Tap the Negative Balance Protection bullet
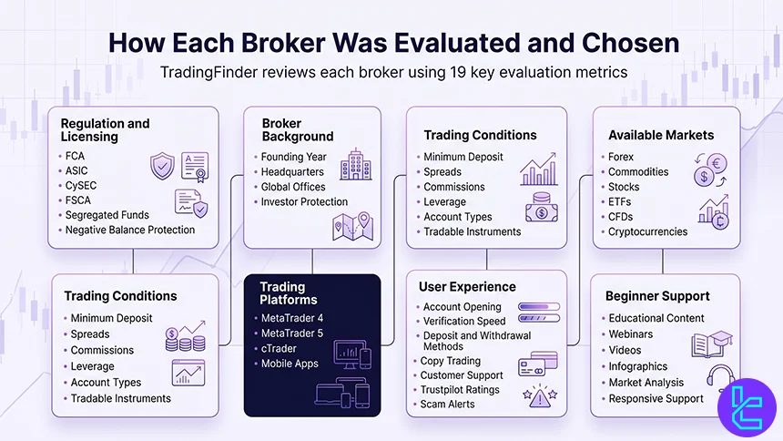130,231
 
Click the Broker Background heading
297,128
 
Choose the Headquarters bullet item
292,171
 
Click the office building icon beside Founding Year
356,165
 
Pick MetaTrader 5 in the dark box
292,333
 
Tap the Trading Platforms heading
289,292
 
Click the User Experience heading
467,287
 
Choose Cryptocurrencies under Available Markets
647,232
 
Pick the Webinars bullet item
630,334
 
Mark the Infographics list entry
637,366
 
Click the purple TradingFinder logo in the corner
748,405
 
